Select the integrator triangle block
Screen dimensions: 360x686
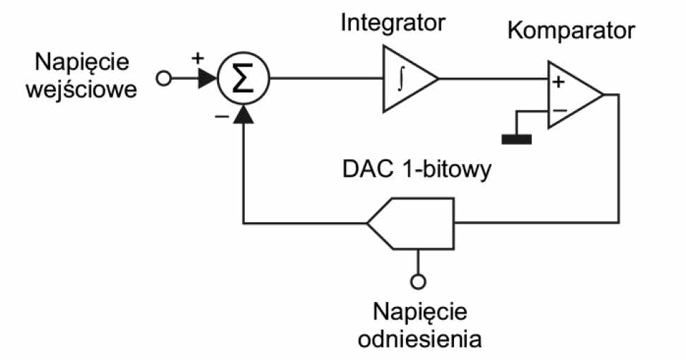pyautogui.click(x=407, y=78)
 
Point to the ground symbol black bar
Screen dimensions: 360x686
pyautogui.click(x=516, y=138)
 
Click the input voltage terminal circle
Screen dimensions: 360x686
pyautogui.click(x=163, y=79)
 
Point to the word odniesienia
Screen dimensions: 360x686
pyautogui.click(x=420, y=338)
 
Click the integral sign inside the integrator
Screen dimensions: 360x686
pyautogui.click(x=400, y=78)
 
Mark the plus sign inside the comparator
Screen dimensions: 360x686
pyautogui.click(x=558, y=82)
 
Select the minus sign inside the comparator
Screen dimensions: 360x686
pyautogui.click(x=559, y=110)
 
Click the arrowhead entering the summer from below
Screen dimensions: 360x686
pyautogui.click(x=243, y=112)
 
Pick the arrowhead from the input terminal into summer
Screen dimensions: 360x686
pyautogui.click(x=206, y=79)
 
